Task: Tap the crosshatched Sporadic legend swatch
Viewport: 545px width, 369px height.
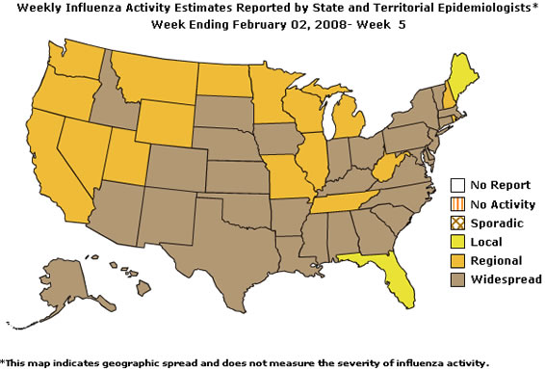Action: point(458,224)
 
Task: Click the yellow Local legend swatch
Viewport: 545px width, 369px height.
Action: point(458,242)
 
